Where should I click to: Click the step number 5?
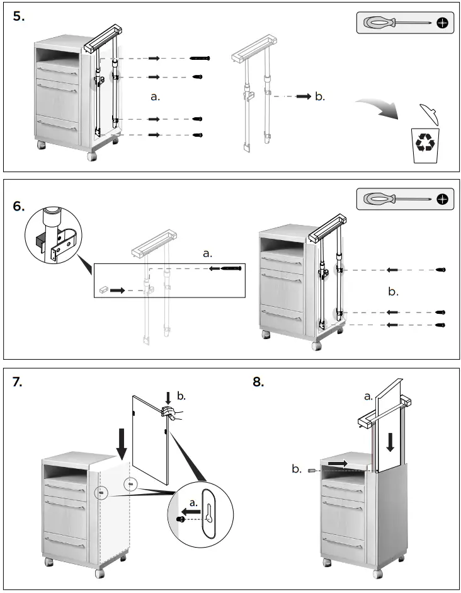point(19,16)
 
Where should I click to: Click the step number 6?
point(19,207)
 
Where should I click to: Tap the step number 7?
point(18,383)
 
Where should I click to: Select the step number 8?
point(258,383)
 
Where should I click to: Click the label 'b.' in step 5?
point(320,96)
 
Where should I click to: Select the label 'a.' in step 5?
point(156,96)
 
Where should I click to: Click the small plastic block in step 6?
point(103,291)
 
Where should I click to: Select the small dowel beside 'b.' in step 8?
point(311,469)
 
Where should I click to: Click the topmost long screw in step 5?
point(200,58)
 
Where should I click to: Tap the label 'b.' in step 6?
point(393,292)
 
